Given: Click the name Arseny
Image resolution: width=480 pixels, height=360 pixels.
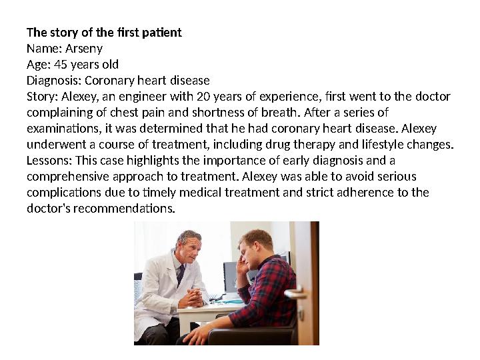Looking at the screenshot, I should (83, 49).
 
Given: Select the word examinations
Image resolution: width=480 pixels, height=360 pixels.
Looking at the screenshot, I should (59, 129).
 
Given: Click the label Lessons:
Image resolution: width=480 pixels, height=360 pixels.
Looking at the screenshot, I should (49, 161).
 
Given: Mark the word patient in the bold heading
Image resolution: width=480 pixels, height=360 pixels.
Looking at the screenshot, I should (163, 32).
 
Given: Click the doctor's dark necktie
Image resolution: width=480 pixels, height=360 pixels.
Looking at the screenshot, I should (181, 273).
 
